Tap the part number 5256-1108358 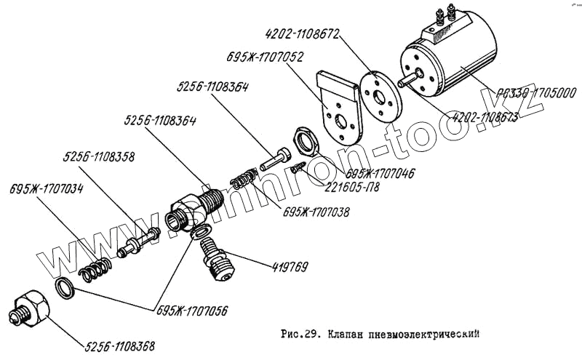pyautogui.click(x=98, y=156)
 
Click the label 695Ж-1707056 pyautogui.click(x=191, y=311)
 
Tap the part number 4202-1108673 pyautogui.click(x=485, y=116)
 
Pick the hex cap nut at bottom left pyautogui.click(x=32, y=309)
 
